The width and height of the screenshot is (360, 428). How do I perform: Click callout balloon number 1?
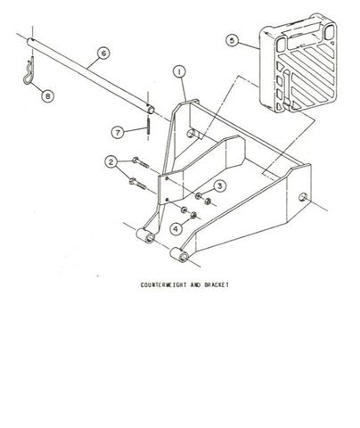179,72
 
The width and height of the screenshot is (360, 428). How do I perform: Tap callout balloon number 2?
111,162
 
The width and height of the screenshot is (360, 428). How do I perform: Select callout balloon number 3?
219,186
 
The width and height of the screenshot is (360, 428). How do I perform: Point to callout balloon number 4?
176,229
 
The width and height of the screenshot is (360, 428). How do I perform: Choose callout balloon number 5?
233,40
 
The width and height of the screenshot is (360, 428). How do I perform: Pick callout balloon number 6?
103,53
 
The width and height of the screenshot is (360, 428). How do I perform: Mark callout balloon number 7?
118,132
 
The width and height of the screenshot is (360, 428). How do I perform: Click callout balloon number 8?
47,95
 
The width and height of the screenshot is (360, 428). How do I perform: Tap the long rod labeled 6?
91,75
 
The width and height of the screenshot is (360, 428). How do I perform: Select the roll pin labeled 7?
148,128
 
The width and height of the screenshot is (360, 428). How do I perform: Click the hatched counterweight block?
299,63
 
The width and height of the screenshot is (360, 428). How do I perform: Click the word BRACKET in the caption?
217,284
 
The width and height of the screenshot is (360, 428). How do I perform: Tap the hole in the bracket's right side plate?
303,197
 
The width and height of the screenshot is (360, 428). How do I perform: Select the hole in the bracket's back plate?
191,133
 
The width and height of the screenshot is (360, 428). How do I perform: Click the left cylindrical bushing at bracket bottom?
145,235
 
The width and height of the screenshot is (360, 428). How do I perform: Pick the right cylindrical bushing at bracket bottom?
179,255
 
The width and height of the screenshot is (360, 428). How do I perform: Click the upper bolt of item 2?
141,162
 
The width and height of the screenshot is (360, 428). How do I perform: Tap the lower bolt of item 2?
137,184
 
